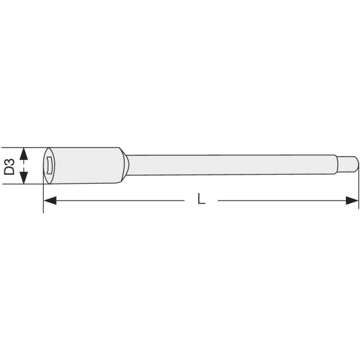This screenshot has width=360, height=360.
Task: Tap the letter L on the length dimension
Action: [202, 199]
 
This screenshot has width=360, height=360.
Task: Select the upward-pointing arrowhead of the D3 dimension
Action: [24, 153]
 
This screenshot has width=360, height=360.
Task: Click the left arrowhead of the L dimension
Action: [50, 200]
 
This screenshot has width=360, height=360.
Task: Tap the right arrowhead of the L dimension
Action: [352, 200]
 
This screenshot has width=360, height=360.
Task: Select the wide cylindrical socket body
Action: [85, 165]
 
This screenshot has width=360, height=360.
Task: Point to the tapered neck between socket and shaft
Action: [125, 165]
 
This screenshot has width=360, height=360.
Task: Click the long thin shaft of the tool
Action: [229, 165]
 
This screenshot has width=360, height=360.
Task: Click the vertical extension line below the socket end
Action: [43, 198]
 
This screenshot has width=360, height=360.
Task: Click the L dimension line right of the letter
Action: [279, 200]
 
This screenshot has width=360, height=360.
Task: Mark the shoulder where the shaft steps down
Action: [337, 164]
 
